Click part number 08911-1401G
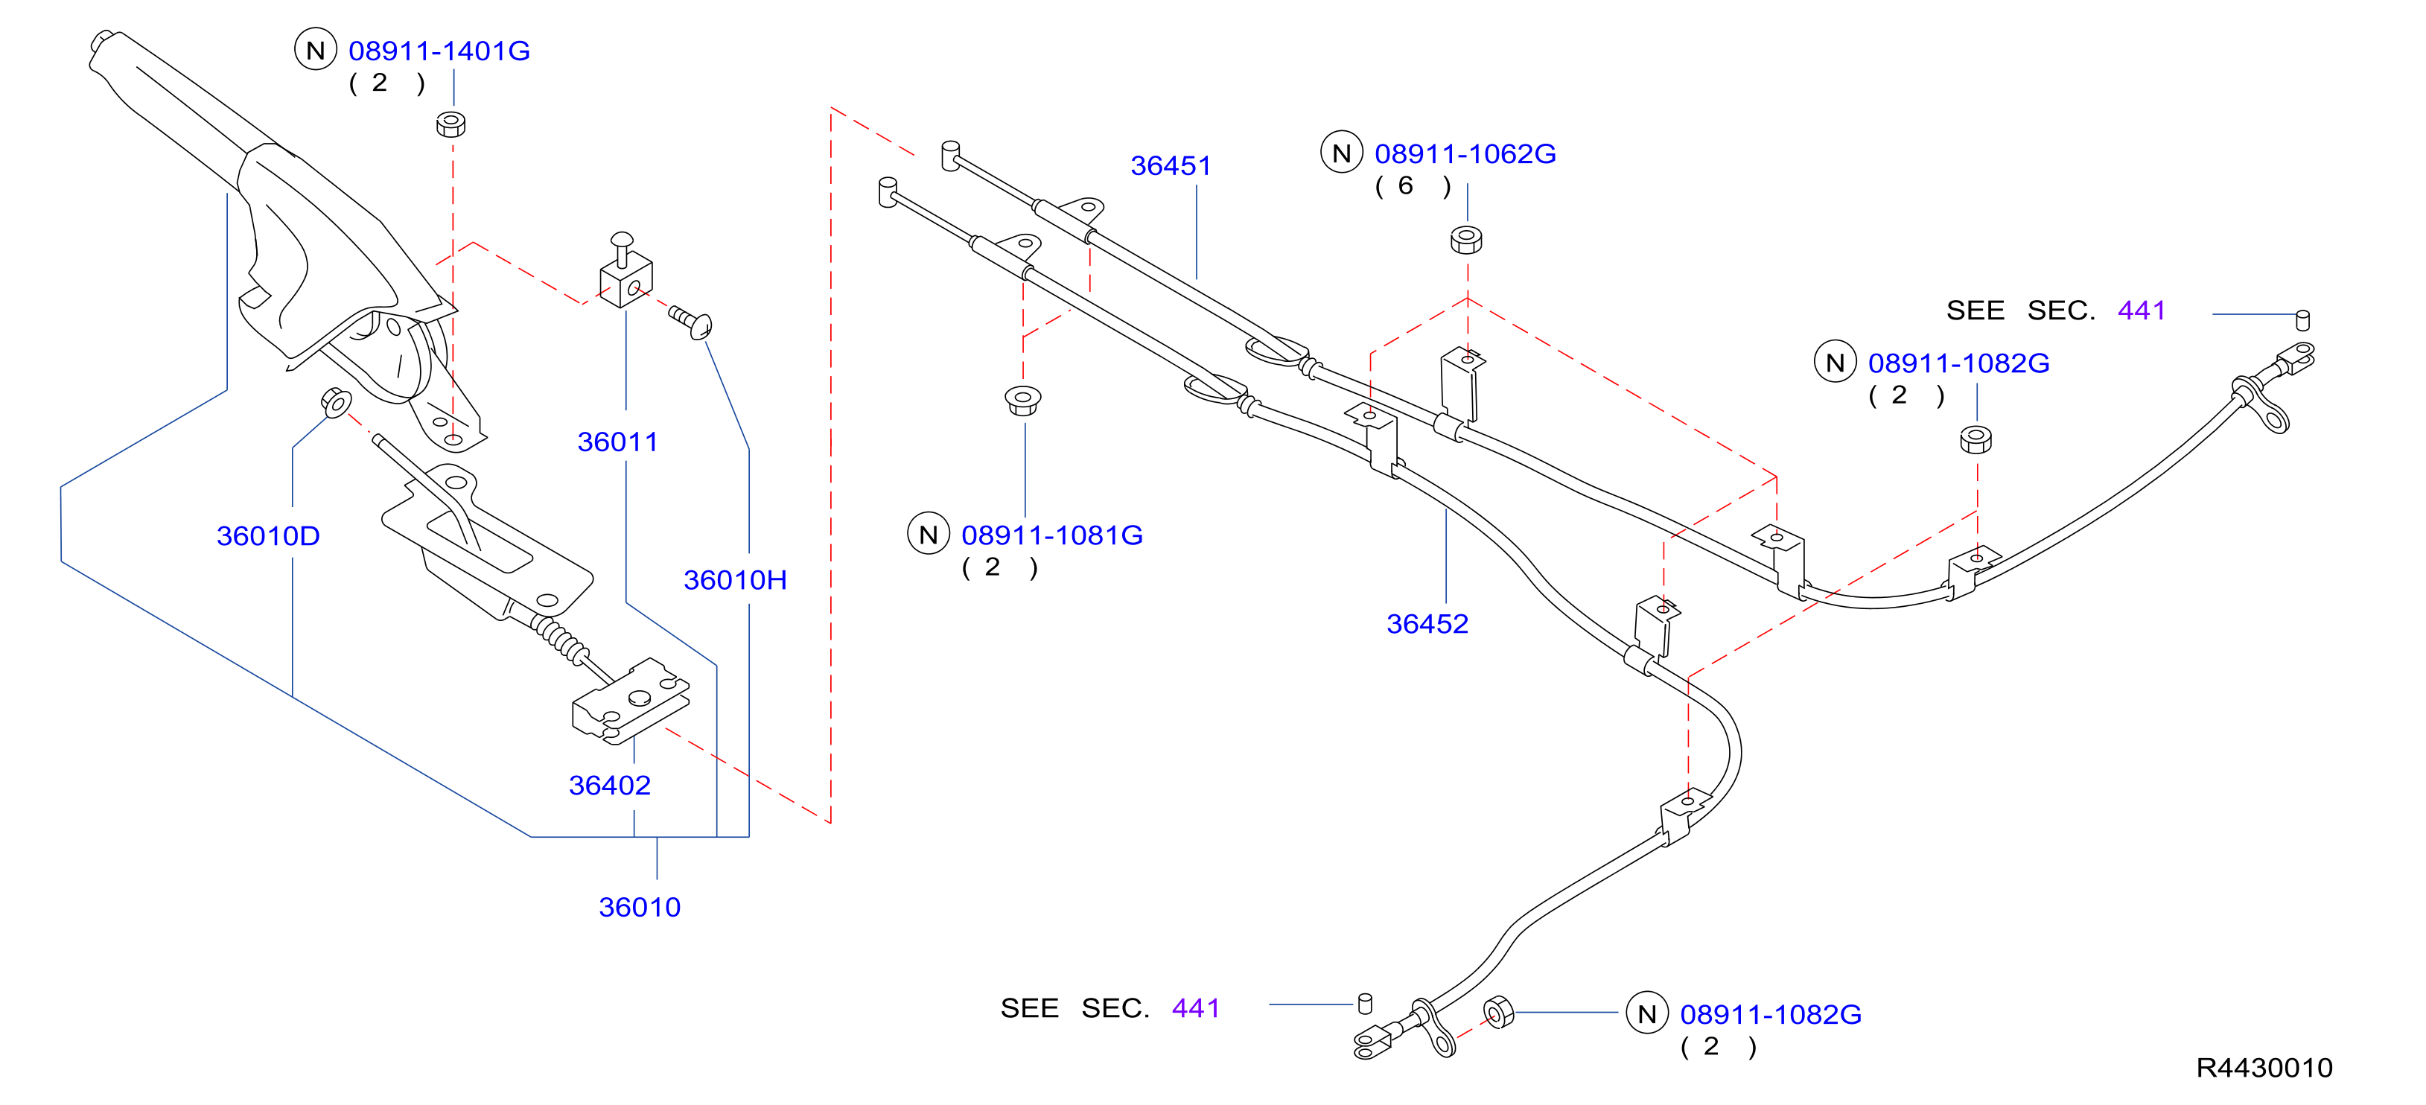[x=439, y=51]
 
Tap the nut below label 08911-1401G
[x=451, y=124]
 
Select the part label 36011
[x=618, y=442]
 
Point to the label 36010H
[x=736, y=580]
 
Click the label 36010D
[x=268, y=536]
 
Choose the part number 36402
[x=609, y=786]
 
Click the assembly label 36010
[x=640, y=907]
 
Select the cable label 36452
[x=1427, y=624]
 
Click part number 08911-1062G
[x=1465, y=153]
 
